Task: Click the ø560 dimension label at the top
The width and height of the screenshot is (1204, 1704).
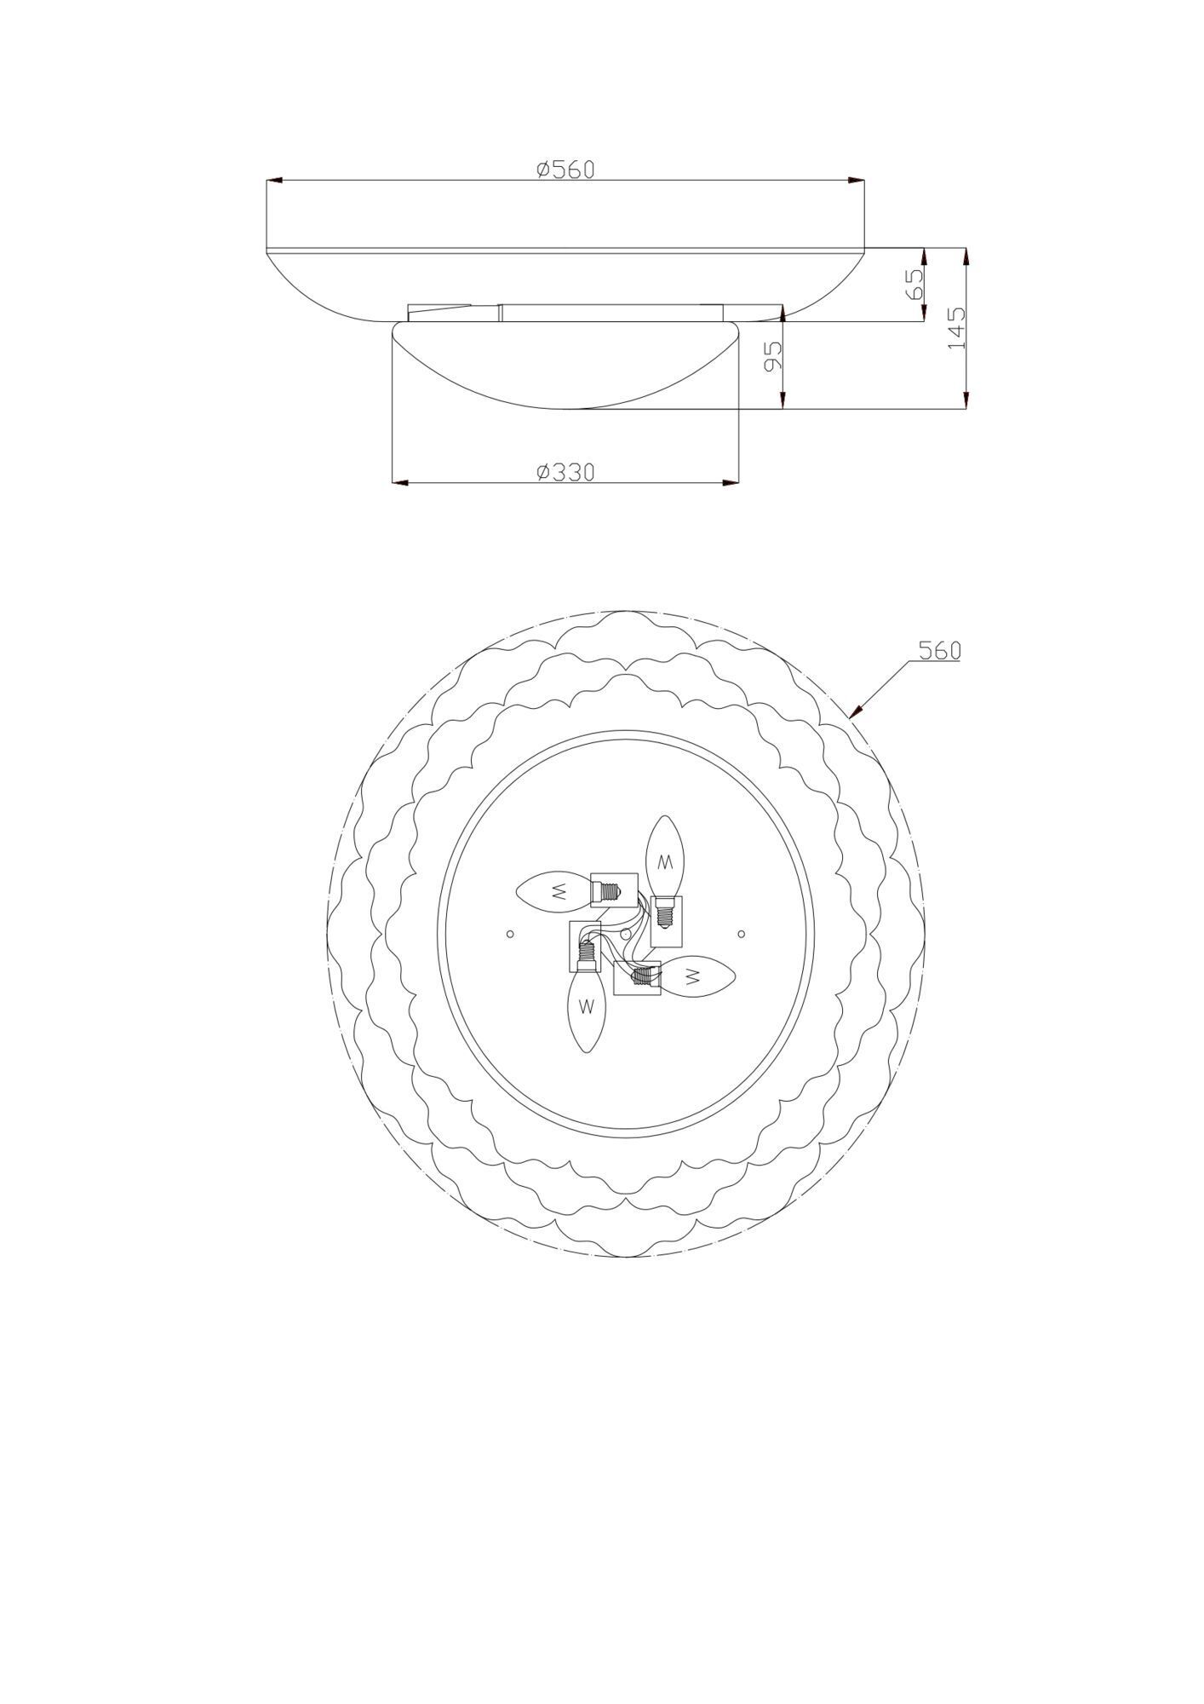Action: pos(565,169)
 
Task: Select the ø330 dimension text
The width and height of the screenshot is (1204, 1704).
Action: pos(565,471)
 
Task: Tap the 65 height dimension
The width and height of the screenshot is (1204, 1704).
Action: pos(914,285)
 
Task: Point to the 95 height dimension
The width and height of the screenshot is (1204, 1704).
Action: pos(772,356)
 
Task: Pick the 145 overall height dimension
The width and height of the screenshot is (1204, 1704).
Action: pos(956,327)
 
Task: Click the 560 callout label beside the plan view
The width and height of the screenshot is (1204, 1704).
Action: pos(939,651)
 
